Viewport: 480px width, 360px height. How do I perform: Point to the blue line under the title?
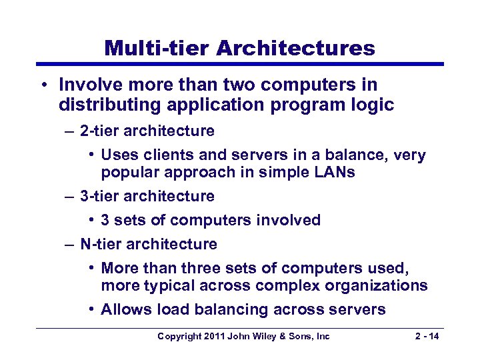point(240,64)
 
